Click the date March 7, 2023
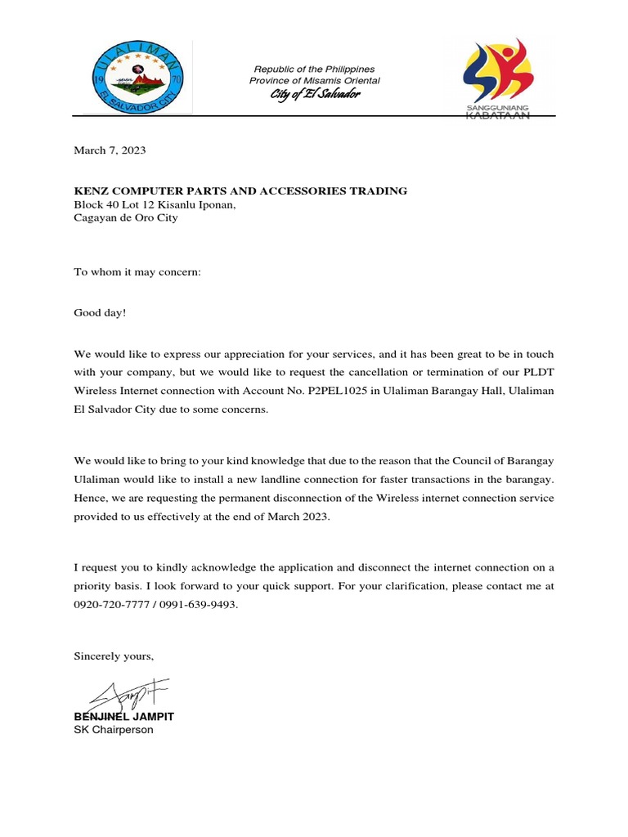pyautogui.click(x=110, y=150)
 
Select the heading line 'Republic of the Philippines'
pyautogui.click(x=314, y=69)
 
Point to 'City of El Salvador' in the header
pyautogui.click(x=315, y=95)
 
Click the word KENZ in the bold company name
pyautogui.click(x=91, y=190)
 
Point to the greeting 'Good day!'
pyautogui.click(x=101, y=312)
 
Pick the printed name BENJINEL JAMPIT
pyautogui.click(x=124, y=716)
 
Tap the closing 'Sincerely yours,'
pyautogui.click(x=114, y=656)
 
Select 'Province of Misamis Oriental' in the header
pyautogui.click(x=315, y=81)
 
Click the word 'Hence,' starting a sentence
pyautogui.click(x=91, y=498)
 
